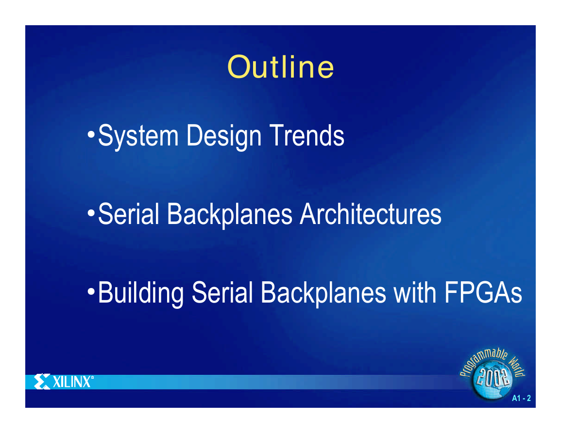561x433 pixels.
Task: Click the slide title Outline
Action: [x=281, y=67]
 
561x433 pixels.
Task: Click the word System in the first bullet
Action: [x=138, y=135]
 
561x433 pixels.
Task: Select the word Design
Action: [x=224, y=136]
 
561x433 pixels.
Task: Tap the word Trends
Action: [x=306, y=135]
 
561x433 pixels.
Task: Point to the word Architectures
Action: [x=371, y=214]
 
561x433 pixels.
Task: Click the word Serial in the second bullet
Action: [x=128, y=214]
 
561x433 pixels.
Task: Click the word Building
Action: [x=140, y=293]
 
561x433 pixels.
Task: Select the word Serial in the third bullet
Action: [x=222, y=292]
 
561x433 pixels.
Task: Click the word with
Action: [x=415, y=292]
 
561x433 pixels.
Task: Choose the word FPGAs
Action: [x=483, y=292]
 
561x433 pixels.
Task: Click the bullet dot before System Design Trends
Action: [x=91, y=136]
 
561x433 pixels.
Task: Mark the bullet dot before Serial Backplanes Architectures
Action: [x=91, y=214]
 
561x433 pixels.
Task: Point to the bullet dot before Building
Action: [x=91, y=292]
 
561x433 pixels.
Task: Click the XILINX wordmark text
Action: [x=73, y=382]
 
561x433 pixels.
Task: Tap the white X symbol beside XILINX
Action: [x=42, y=382]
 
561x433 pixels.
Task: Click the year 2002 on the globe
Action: [x=493, y=377]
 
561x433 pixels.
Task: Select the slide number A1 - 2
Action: [x=521, y=398]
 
